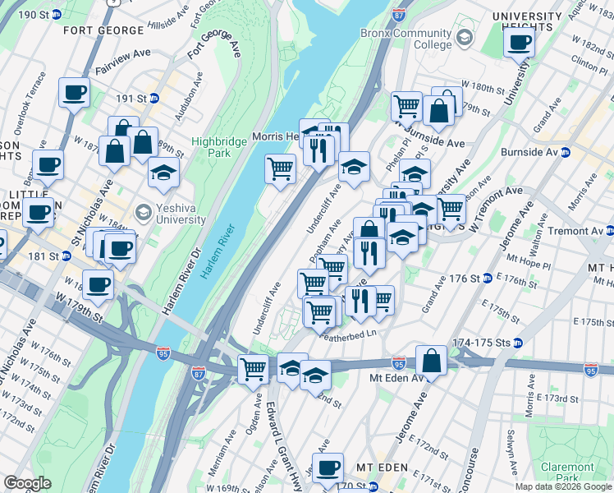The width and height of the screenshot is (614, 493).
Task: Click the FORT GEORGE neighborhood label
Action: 103,30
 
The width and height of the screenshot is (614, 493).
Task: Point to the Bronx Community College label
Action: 406,39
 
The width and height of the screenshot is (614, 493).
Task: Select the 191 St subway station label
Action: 131,98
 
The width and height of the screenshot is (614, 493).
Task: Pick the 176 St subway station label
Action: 465,279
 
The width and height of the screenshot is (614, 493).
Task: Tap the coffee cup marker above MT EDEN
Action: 328,468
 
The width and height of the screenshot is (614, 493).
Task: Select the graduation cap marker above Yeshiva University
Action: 164,172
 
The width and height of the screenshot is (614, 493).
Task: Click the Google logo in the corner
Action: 28,483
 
